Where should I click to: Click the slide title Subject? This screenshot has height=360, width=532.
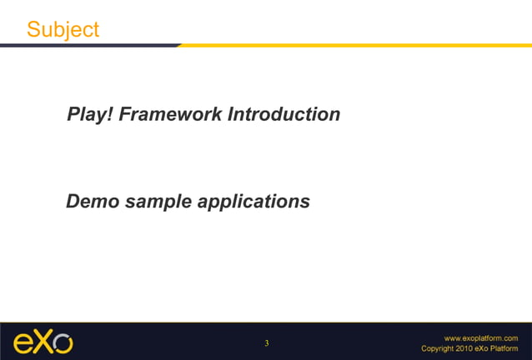pos(63,29)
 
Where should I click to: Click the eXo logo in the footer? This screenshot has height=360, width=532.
pos(43,342)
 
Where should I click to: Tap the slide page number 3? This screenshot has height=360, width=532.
pos(266,343)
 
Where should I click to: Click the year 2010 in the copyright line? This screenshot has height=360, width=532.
pos(464,348)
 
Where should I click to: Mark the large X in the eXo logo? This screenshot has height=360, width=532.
pos(43,342)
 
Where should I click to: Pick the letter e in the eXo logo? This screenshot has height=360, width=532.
pos(23,343)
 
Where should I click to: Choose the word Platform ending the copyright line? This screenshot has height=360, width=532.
pos(504,348)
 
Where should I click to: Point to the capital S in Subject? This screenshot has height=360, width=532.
pos(33,29)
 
